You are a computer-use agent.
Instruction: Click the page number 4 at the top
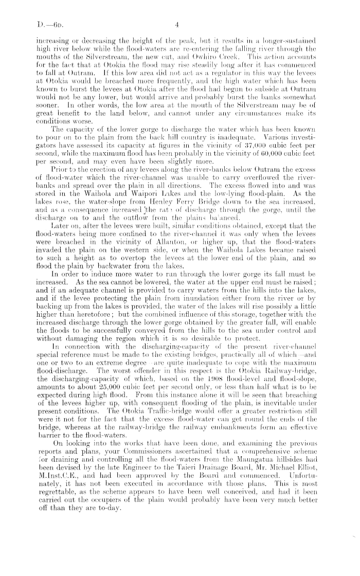176,24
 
